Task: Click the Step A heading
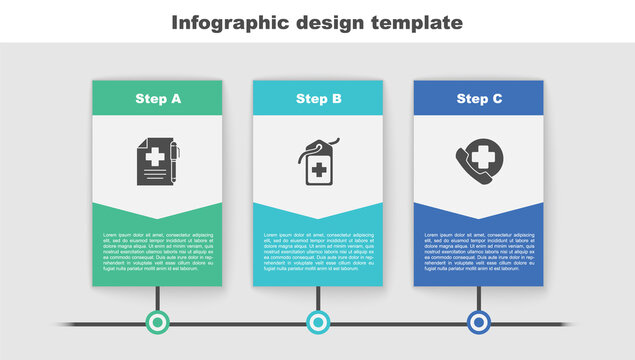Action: (x=158, y=99)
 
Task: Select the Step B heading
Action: (x=318, y=99)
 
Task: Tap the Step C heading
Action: (x=479, y=99)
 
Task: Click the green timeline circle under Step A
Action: (x=157, y=322)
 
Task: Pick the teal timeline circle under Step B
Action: (x=318, y=322)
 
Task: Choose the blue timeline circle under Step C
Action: (x=479, y=322)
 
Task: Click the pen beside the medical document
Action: (x=174, y=160)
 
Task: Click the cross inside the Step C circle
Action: (x=484, y=157)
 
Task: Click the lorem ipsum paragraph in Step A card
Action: (x=158, y=251)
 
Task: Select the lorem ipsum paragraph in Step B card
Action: (x=318, y=251)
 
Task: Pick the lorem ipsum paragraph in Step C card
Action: (x=479, y=251)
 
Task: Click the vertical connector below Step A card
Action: (x=157, y=298)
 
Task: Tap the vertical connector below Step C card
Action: (x=479, y=298)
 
